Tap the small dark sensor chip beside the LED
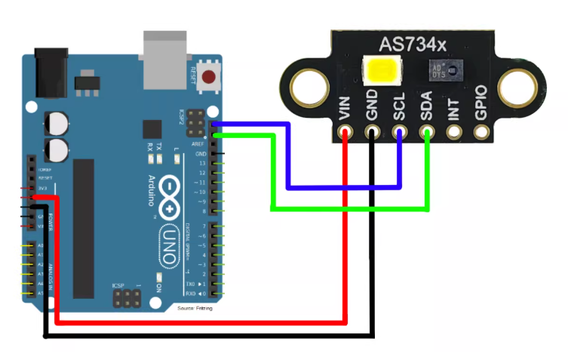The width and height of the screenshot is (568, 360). (443, 72)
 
